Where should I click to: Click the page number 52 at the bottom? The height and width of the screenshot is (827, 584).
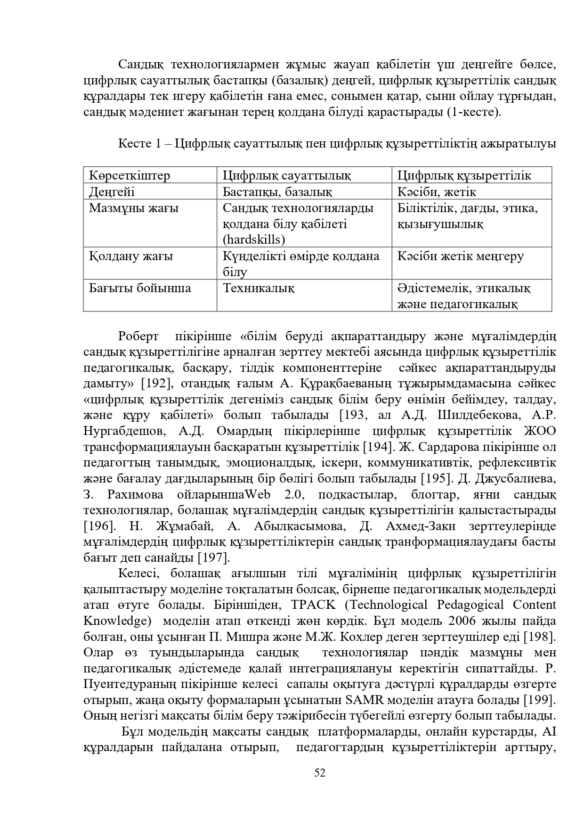pyautogui.click(x=320, y=772)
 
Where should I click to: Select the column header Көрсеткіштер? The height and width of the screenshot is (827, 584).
pyautogui.click(x=130, y=176)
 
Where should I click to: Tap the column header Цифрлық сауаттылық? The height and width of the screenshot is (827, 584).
pyautogui.click(x=286, y=176)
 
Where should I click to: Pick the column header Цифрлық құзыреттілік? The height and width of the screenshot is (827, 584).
pyautogui.click(x=464, y=176)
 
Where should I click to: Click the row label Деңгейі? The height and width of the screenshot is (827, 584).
pyautogui.click(x=112, y=192)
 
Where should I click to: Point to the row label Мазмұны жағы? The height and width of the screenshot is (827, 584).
pyautogui.click(x=134, y=208)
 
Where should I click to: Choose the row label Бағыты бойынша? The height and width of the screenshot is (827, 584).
pyautogui.click(x=140, y=288)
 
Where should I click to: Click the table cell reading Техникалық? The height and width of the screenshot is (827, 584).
pyautogui.click(x=258, y=288)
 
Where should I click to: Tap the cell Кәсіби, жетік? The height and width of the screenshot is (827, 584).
pyautogui.click(x=437, y=192)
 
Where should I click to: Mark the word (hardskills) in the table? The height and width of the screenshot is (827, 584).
pyautogui.click(x=254, y=239)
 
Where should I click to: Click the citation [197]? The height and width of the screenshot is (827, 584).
pyautogui.click(x=213, y=557)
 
